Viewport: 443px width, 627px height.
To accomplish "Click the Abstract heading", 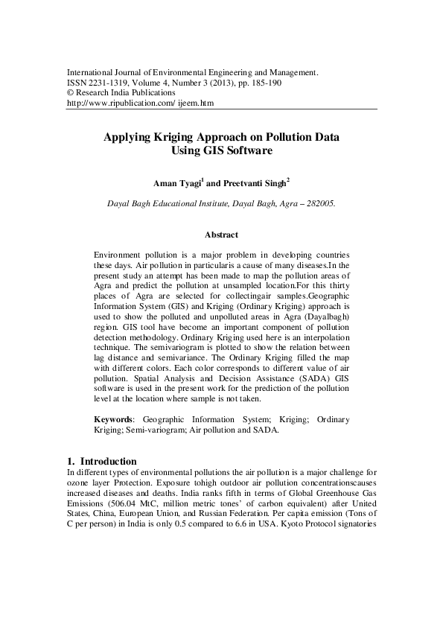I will (x=221, y=234).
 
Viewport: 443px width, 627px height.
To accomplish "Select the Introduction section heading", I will (x=108, y=461).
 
